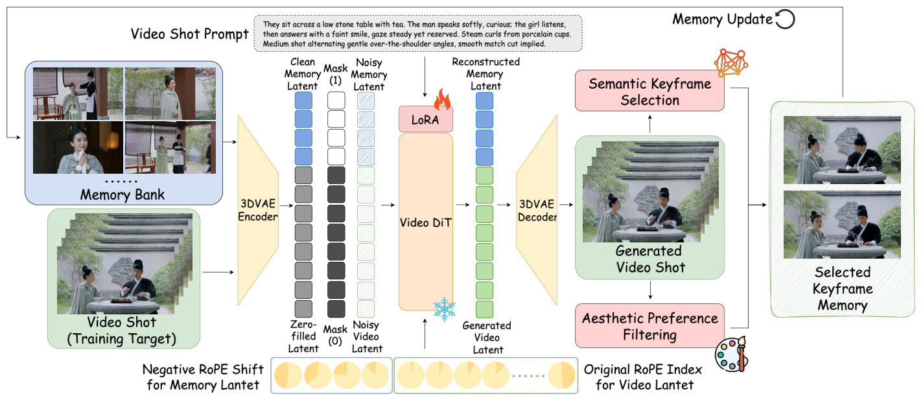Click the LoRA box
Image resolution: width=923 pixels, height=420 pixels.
(425, 119)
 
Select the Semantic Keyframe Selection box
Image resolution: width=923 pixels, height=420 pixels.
(649, 92)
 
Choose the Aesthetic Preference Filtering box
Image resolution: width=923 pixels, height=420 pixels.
(649, 326)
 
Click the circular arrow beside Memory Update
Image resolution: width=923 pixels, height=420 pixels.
(785, 19)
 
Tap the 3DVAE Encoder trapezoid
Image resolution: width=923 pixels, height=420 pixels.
(259, 209)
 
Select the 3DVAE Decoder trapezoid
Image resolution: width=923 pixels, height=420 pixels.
(537, 209)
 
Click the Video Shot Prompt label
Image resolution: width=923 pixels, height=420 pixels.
(190, 34)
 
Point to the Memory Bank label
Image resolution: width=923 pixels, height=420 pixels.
(122, 194)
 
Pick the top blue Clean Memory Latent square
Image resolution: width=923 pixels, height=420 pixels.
(303, 100)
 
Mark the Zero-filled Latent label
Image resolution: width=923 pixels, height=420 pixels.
(303, 336)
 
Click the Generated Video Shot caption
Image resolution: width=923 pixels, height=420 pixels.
(649, 259)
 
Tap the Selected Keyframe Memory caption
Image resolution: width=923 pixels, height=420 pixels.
(842, 288)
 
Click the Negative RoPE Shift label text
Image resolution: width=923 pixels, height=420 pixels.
(203, 377)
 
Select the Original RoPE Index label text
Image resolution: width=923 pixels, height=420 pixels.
(642, 377)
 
